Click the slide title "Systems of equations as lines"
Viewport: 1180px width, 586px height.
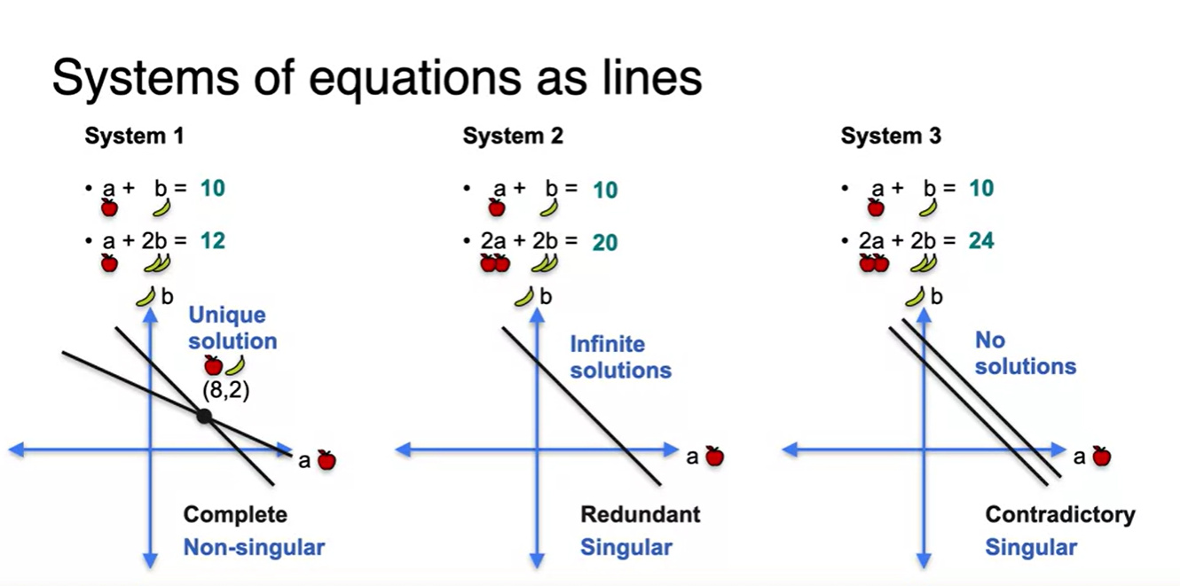pyautogui.click(x=377, y=77)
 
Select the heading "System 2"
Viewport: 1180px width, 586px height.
pyautogui.click(x=513, y=137)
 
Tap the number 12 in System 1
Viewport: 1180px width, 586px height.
pyautogui.click(x=212, y=239)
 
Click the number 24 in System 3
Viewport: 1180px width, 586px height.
pyautogui.click(x=981, y=239)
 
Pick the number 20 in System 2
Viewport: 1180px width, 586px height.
pyautogui.click(x=604, y=241)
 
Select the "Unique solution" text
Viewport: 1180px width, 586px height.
pyautogui.click(x=232, y=328)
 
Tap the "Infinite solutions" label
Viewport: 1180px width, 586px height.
pyautogui.click(x=620, y=356)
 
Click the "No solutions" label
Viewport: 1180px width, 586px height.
pyautogui.click(x=1025, y=353)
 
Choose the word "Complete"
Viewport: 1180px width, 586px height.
pyautogui.click(x=235, y=514)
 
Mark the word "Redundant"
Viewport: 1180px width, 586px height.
pyautogui.click(x=640, y=514)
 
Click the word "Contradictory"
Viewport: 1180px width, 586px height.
pyautogui.click(x=1059, y=514)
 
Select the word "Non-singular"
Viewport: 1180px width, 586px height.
pyautogui.click(x=254, y=547)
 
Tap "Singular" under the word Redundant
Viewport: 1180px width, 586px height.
pyautogui.click(x=625, y=547)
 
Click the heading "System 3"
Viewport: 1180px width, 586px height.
pyautogui.click(x=891, y=137)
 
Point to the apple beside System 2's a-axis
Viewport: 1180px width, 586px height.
pyautogui.click(x=714, y=457)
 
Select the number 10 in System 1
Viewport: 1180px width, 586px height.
pyautogui.click(x=212, y=188)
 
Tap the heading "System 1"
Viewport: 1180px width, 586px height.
pyautogui.click(x=134, y=137)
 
